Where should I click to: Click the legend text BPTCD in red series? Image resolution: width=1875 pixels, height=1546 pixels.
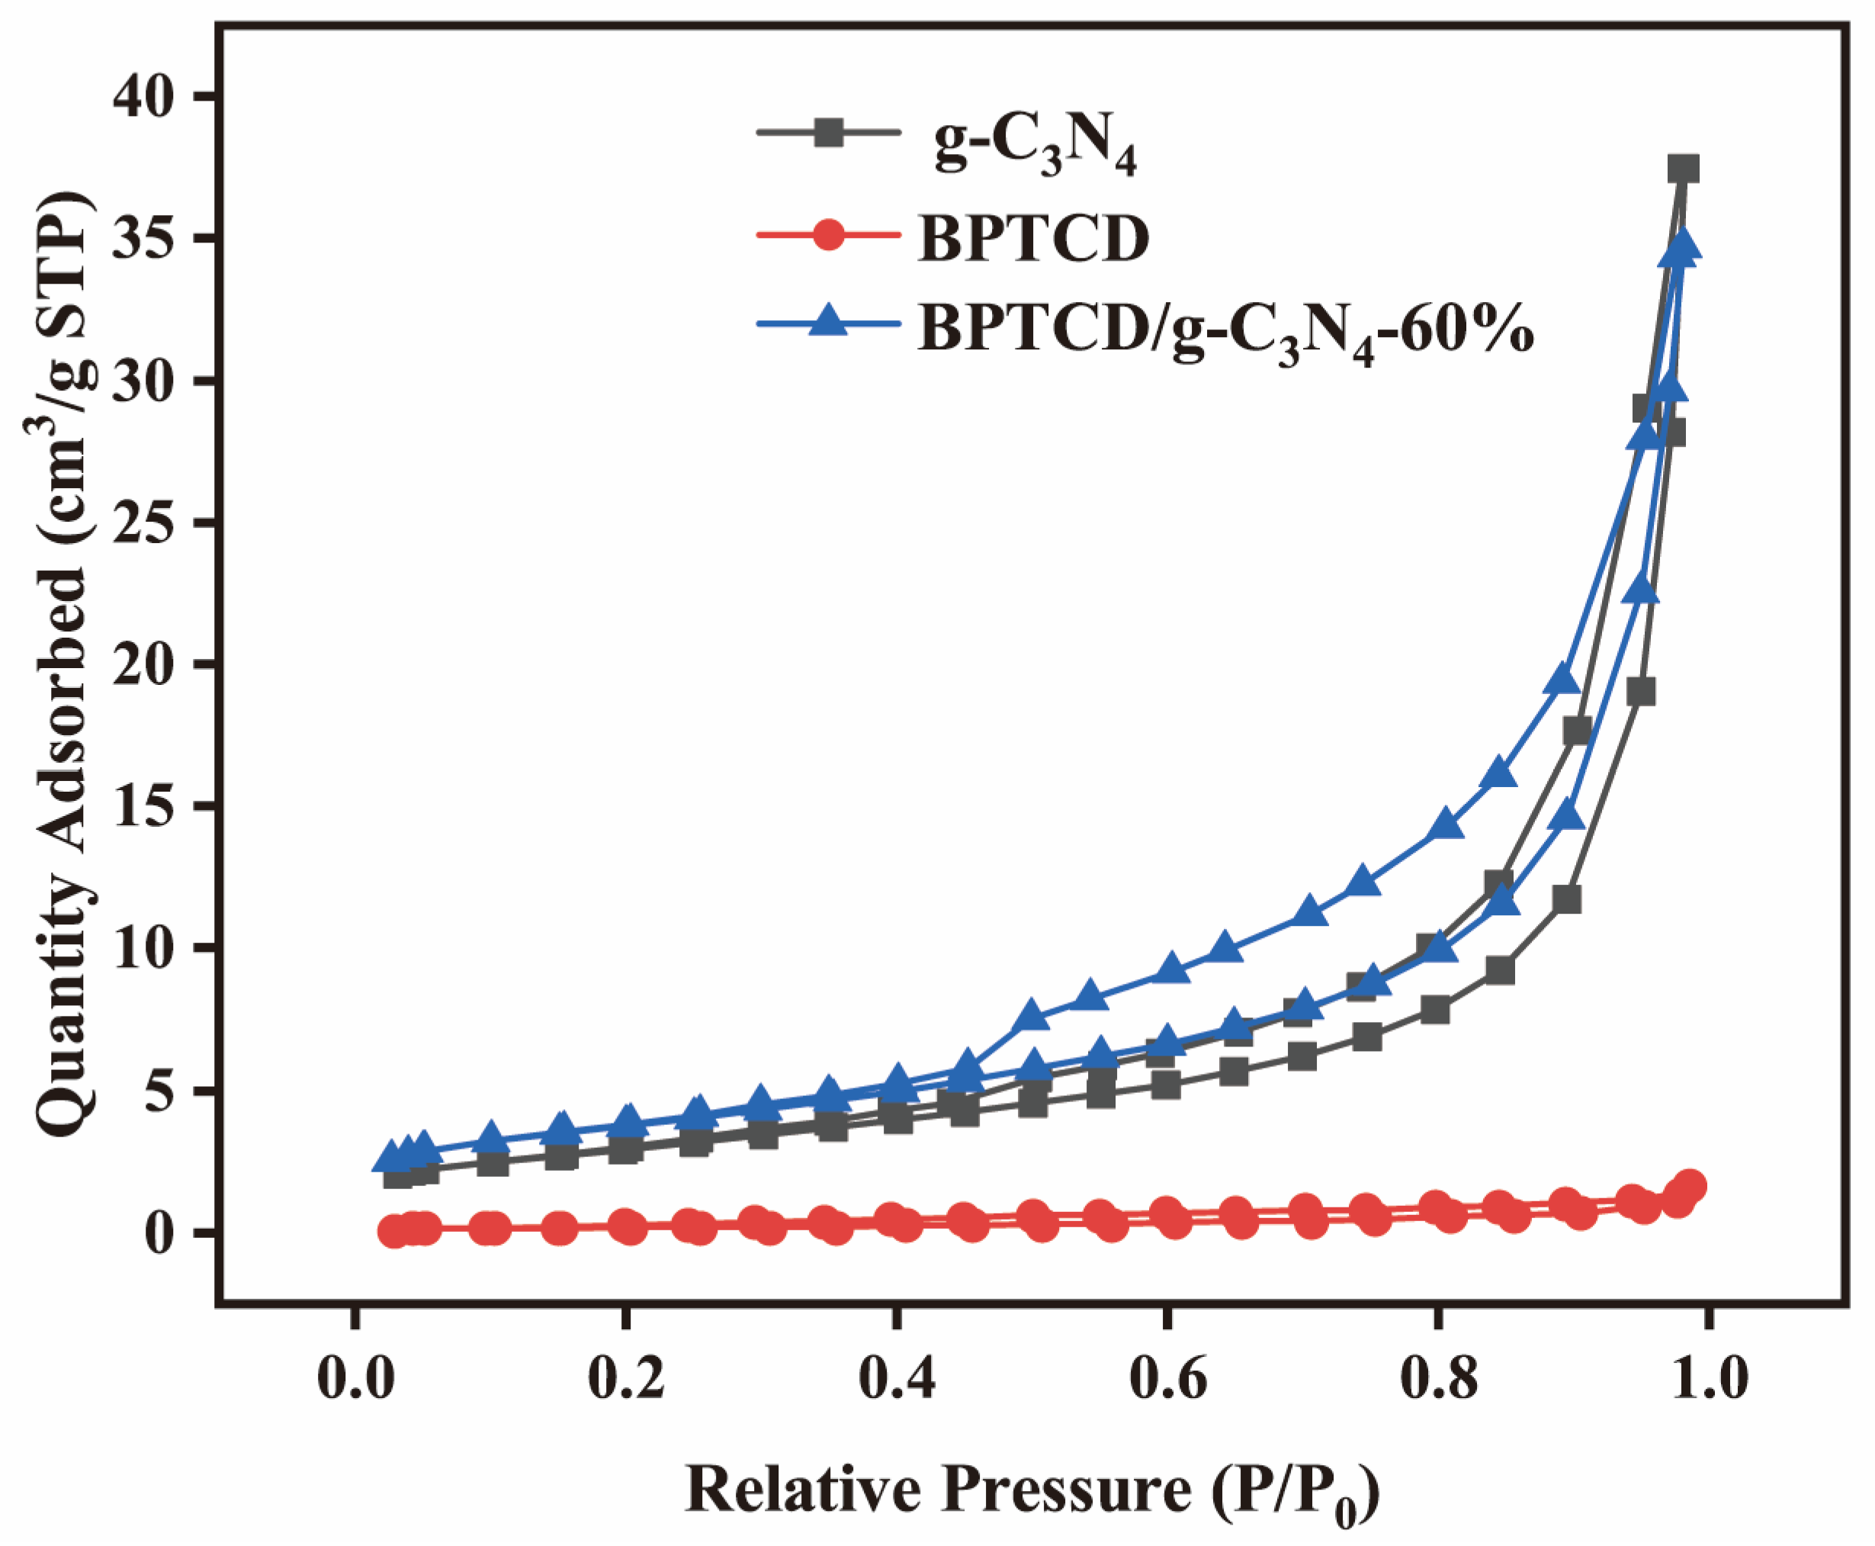(1032, 239)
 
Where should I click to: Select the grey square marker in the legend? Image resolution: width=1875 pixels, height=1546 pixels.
(828, 133)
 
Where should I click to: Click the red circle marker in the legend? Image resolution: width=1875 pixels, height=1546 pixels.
(828, 236)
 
